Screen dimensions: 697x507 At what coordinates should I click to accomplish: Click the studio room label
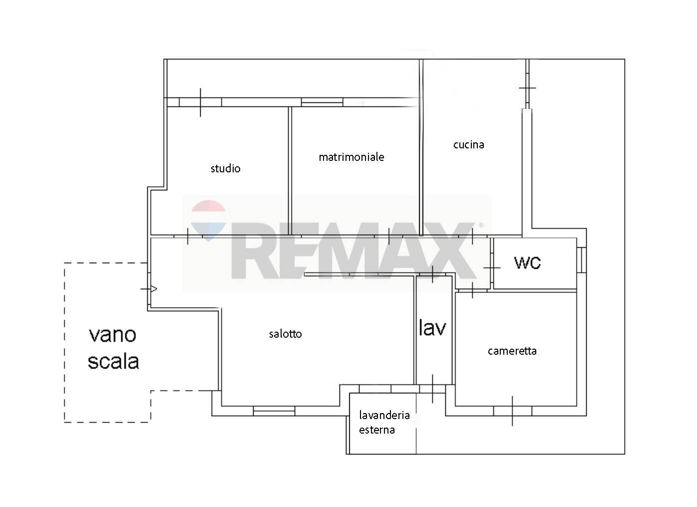tap(225, 168)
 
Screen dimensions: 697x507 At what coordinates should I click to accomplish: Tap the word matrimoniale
tap(351, 157)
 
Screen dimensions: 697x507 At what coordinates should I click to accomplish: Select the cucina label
tap(469, 145)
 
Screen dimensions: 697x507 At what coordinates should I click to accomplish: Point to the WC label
tap(528, 262)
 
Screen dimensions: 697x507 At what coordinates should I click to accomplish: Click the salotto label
tap(285, 334)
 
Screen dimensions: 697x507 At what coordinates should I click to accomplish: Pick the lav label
tap(432, 327)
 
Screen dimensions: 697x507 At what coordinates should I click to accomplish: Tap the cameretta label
tap(512, 351)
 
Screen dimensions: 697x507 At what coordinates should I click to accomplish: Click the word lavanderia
tap(384, 415)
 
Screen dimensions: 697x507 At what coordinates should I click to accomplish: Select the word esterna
tap(377, 430)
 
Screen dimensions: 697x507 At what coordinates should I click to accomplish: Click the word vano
tap(113, 335)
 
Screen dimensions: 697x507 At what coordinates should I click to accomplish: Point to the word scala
tap(113, 361)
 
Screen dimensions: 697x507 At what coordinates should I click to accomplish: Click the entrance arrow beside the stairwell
tap(154, 289)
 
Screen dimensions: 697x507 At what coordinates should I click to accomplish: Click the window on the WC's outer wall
tap(582, 260)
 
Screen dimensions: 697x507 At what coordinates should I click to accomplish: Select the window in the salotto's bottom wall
tap(274, 411)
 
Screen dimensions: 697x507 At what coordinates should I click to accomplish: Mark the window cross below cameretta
tap(512, 411)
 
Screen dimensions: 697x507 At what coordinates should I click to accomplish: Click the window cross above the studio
tap(200, 102)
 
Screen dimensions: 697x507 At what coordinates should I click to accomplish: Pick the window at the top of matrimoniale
tap(322, 102)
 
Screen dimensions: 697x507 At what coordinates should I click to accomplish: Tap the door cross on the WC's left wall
tap(492, 268)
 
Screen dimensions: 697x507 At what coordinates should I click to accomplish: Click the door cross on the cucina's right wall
tap(527, 88)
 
